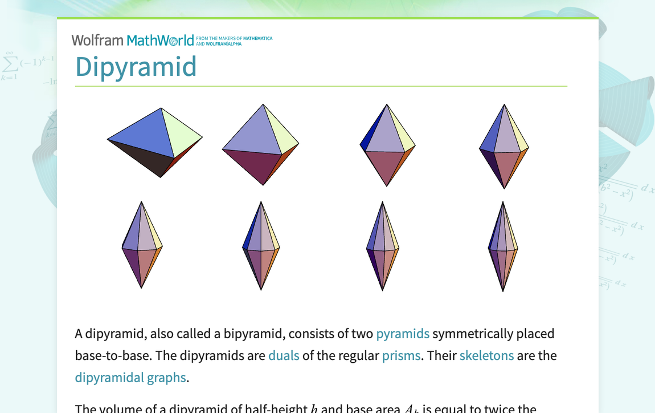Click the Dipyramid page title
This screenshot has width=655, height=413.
(x=136, y=67)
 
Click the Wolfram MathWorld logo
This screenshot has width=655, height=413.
(x=132, y=41)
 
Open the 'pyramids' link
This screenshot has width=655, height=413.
(x=403, y=334)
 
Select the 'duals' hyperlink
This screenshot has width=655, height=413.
(x=284, y=356)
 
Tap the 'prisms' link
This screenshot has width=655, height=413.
(x=401, y=356)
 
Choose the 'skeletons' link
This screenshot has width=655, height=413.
(x=486, y=356)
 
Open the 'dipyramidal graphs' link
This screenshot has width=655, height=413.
(x=130, y=378)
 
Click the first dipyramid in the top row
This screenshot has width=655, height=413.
(x=155, y=142)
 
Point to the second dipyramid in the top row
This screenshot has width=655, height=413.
(x=261, y=145)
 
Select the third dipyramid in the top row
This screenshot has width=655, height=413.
(x=387, y=145)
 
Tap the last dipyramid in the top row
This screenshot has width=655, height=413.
(x=504, y=147)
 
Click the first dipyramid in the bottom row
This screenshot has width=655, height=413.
(x=142, y=245)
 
